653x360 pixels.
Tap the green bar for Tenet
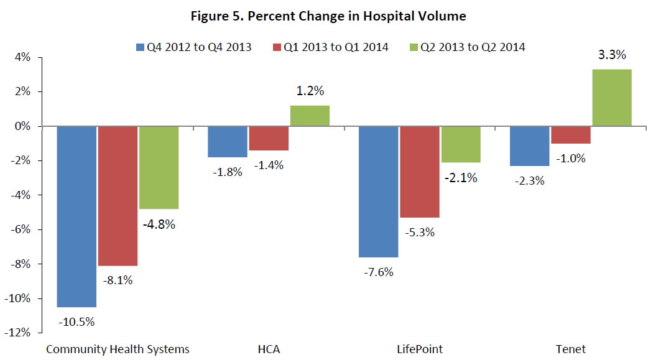[611, 98]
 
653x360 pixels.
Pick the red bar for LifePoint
[419, 172]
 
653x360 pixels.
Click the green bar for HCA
[310, 116]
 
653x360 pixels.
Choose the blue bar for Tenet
[530, 146]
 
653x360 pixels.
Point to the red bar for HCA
[269, 138]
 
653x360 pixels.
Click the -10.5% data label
[76, 322]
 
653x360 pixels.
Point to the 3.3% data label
[611, 55]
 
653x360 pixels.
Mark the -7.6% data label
[378, 272]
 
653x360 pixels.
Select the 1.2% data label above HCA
[310, 91]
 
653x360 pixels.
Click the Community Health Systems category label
[118, 349]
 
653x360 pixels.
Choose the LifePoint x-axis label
[420, 349]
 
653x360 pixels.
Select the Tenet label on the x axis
[571, 349]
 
